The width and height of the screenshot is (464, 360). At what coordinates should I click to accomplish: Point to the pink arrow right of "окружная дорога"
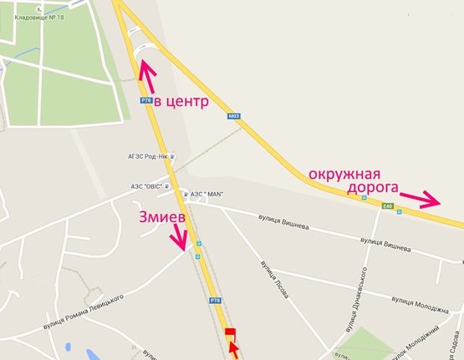[420, 200]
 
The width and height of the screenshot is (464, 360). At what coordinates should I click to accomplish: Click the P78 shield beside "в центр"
[145, 99]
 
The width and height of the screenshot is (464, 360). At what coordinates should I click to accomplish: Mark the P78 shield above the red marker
[216, 300]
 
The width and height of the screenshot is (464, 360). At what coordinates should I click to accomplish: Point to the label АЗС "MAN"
[210, 194]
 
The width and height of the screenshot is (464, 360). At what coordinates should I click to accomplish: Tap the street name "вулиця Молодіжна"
[415, 302]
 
